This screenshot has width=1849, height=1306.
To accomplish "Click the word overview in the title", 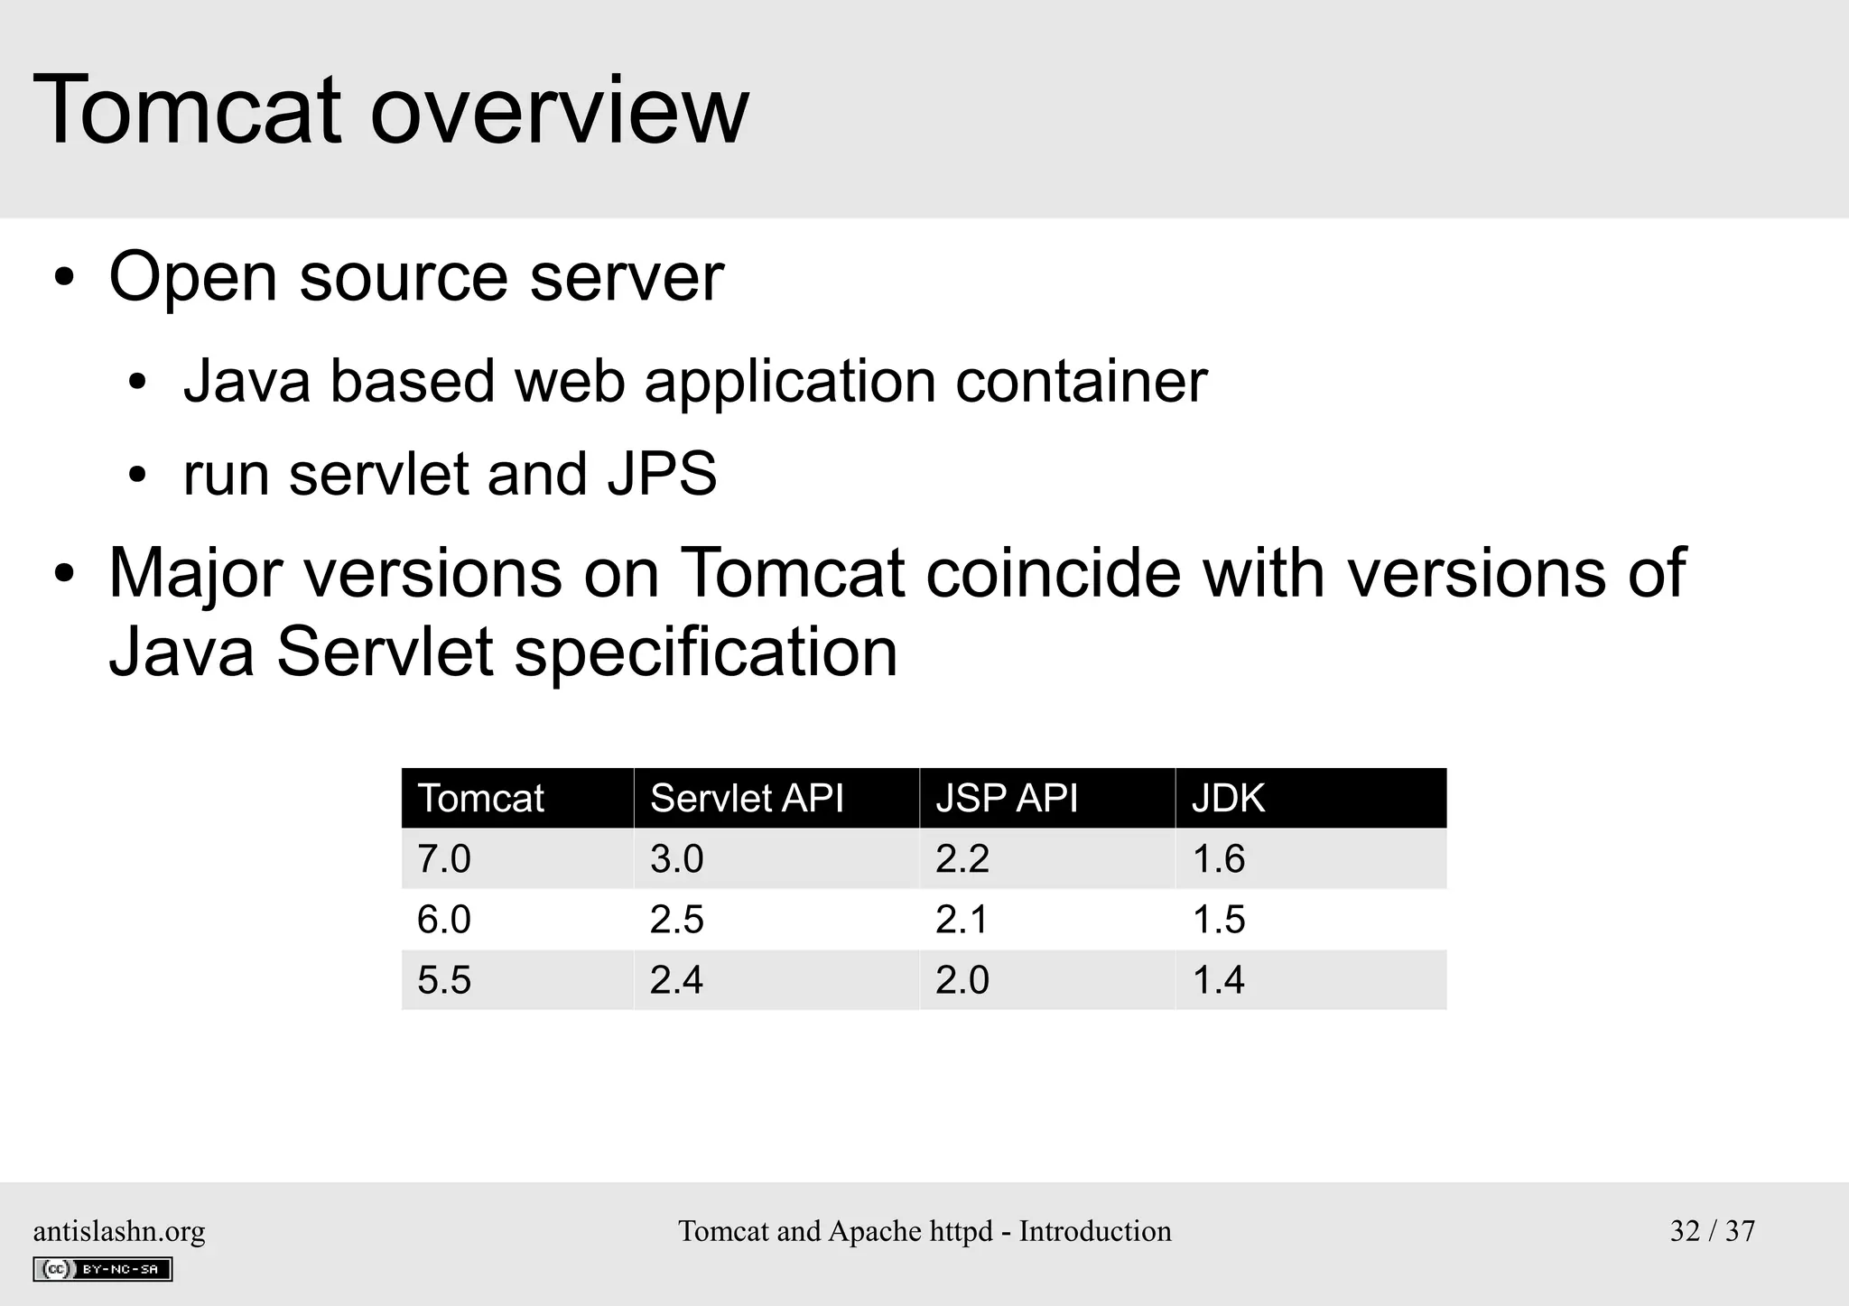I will coord(559,111).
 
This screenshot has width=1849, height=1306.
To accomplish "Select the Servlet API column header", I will coord(747,799).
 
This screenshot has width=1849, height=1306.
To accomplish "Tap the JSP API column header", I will coord(1007,799).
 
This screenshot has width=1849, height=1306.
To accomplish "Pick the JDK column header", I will coord(1228,799).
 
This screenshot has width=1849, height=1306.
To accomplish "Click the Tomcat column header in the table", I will coord(480,799).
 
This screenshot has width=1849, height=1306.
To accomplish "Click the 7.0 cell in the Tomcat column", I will coord(444,859).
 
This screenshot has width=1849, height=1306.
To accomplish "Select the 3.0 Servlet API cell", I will coord(676,859).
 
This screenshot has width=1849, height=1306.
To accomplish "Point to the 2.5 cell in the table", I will coord(676,920).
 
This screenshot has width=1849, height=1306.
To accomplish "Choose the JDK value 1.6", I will coord(1219,859).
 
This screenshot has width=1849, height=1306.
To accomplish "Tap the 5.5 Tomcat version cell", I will coord(444,980).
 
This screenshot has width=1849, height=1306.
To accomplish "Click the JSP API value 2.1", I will coord(962,920).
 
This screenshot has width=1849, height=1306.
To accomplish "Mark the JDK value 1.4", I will coord(1219,980).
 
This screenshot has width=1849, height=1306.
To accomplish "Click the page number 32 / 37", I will coord(1712,1231).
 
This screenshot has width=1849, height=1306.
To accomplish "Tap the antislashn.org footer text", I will coord(119,1231).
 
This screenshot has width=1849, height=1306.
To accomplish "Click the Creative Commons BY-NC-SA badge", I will coord(102,1269).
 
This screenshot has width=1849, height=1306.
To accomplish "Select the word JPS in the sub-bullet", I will coord(662,475).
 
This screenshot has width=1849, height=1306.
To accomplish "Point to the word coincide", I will coord(1053,573).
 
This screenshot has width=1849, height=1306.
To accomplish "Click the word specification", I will coord(705,653).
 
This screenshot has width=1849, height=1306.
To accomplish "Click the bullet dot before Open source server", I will coord(63,279).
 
